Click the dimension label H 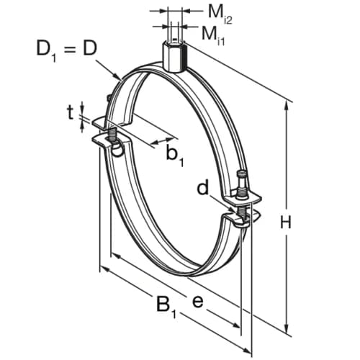[286, 223]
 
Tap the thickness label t [70, 112]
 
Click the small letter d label [204, 189]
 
